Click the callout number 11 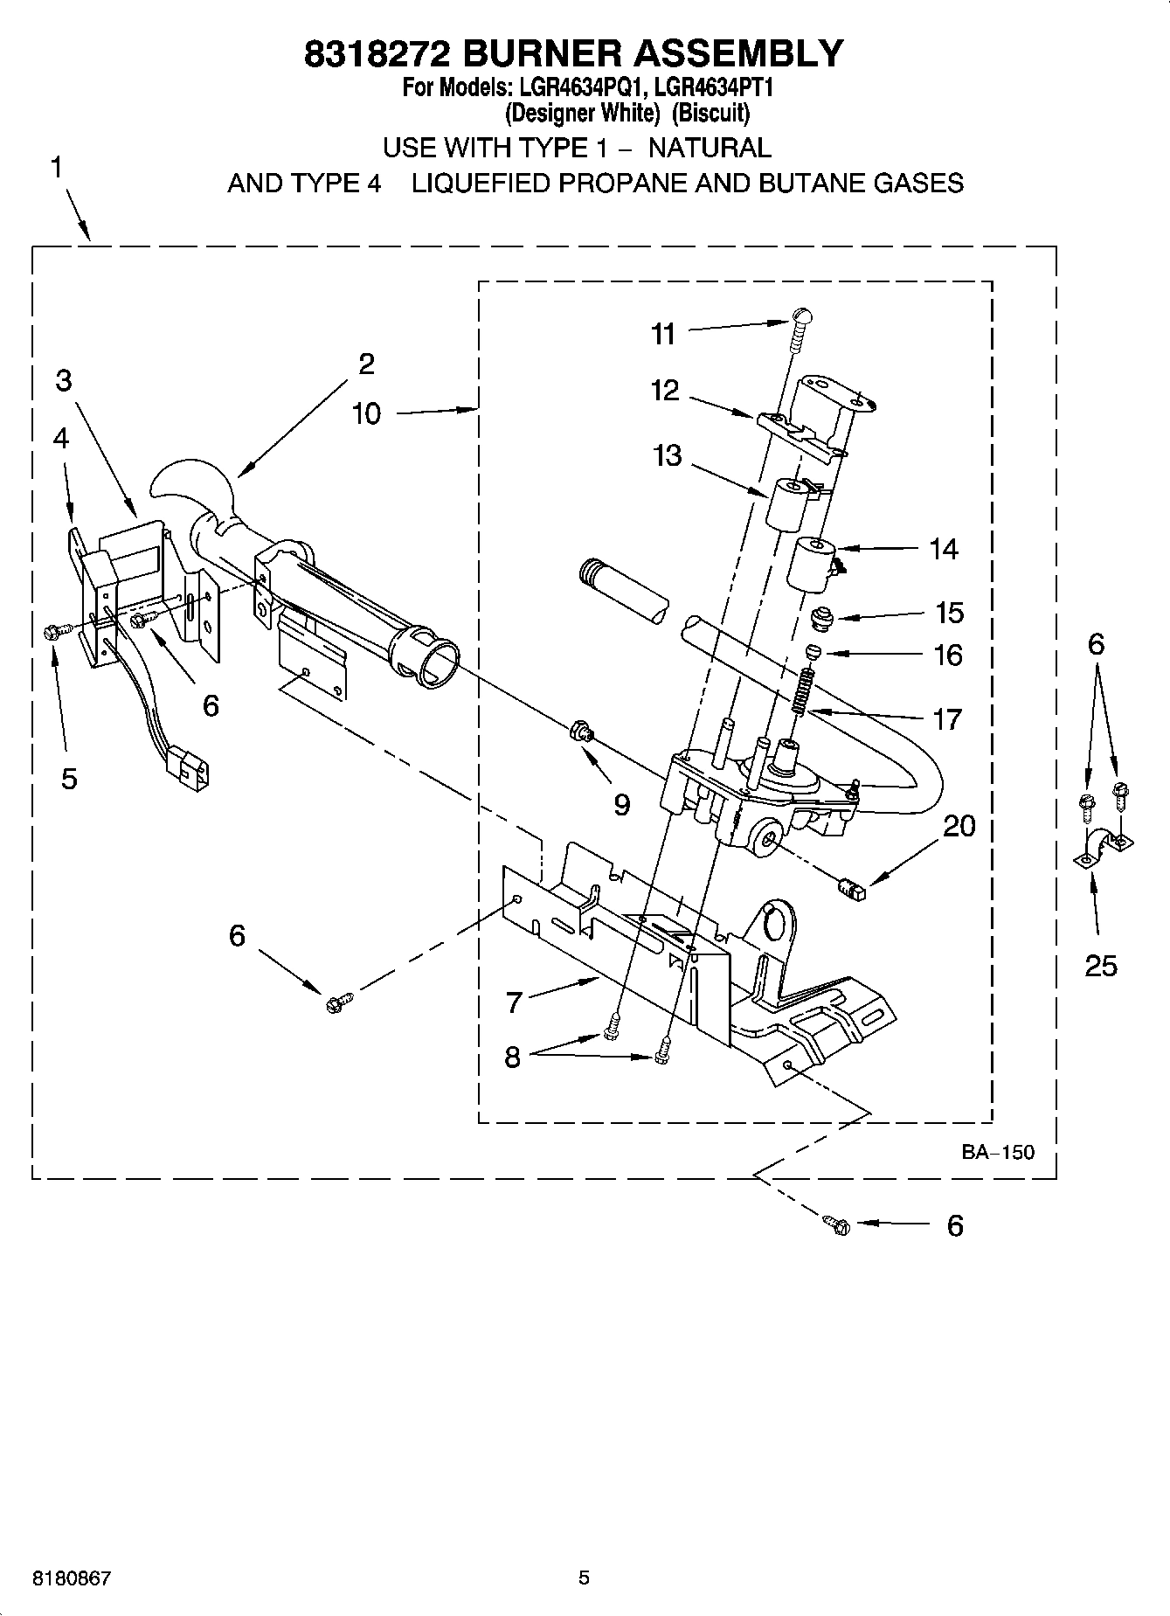coord(663,333)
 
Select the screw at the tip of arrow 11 coord(799,327)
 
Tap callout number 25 coord(1100,965)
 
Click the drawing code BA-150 coord(997,1152)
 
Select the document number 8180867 coord(72,1578)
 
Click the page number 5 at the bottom coord(584,1578)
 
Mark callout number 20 coord(959,825)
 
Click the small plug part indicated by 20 coord(850,890)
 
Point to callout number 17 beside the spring coord(947,718)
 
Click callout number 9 coord(621,804)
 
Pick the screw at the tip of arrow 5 coord(51,631)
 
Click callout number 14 coord(943,549)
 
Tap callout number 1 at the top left coord(56,167)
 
